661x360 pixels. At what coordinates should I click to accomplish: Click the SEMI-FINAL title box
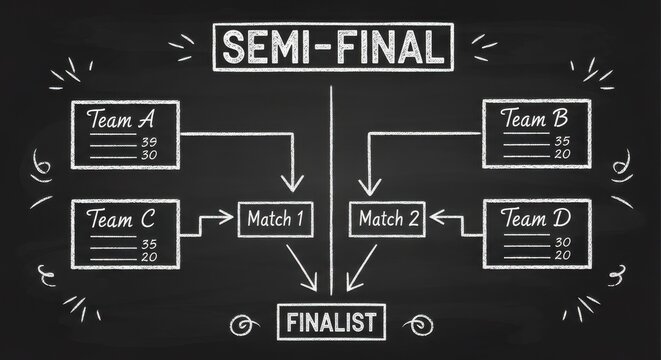pyautogui.click(x=332, y=47)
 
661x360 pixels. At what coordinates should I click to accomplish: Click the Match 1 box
pyautogui.click(x=274, y=218)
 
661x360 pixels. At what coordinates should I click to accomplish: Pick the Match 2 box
pyautogui.click(x=384, y=218)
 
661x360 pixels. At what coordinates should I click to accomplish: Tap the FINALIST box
pyautogui.click(x=331, y=322)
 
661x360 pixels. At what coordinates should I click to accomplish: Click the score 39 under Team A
pyautogui.click(x=151, y=142)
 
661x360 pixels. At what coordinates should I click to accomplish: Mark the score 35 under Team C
pyautogui.click(x=150, y=242)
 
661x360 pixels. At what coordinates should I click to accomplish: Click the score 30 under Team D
pyautogui.click(x=562, y=241)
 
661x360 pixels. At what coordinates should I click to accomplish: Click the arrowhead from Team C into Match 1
pyautogui.click(x=227, y=216)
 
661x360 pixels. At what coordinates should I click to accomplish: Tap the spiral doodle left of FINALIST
pyautogui.click(x=240, y=323)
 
